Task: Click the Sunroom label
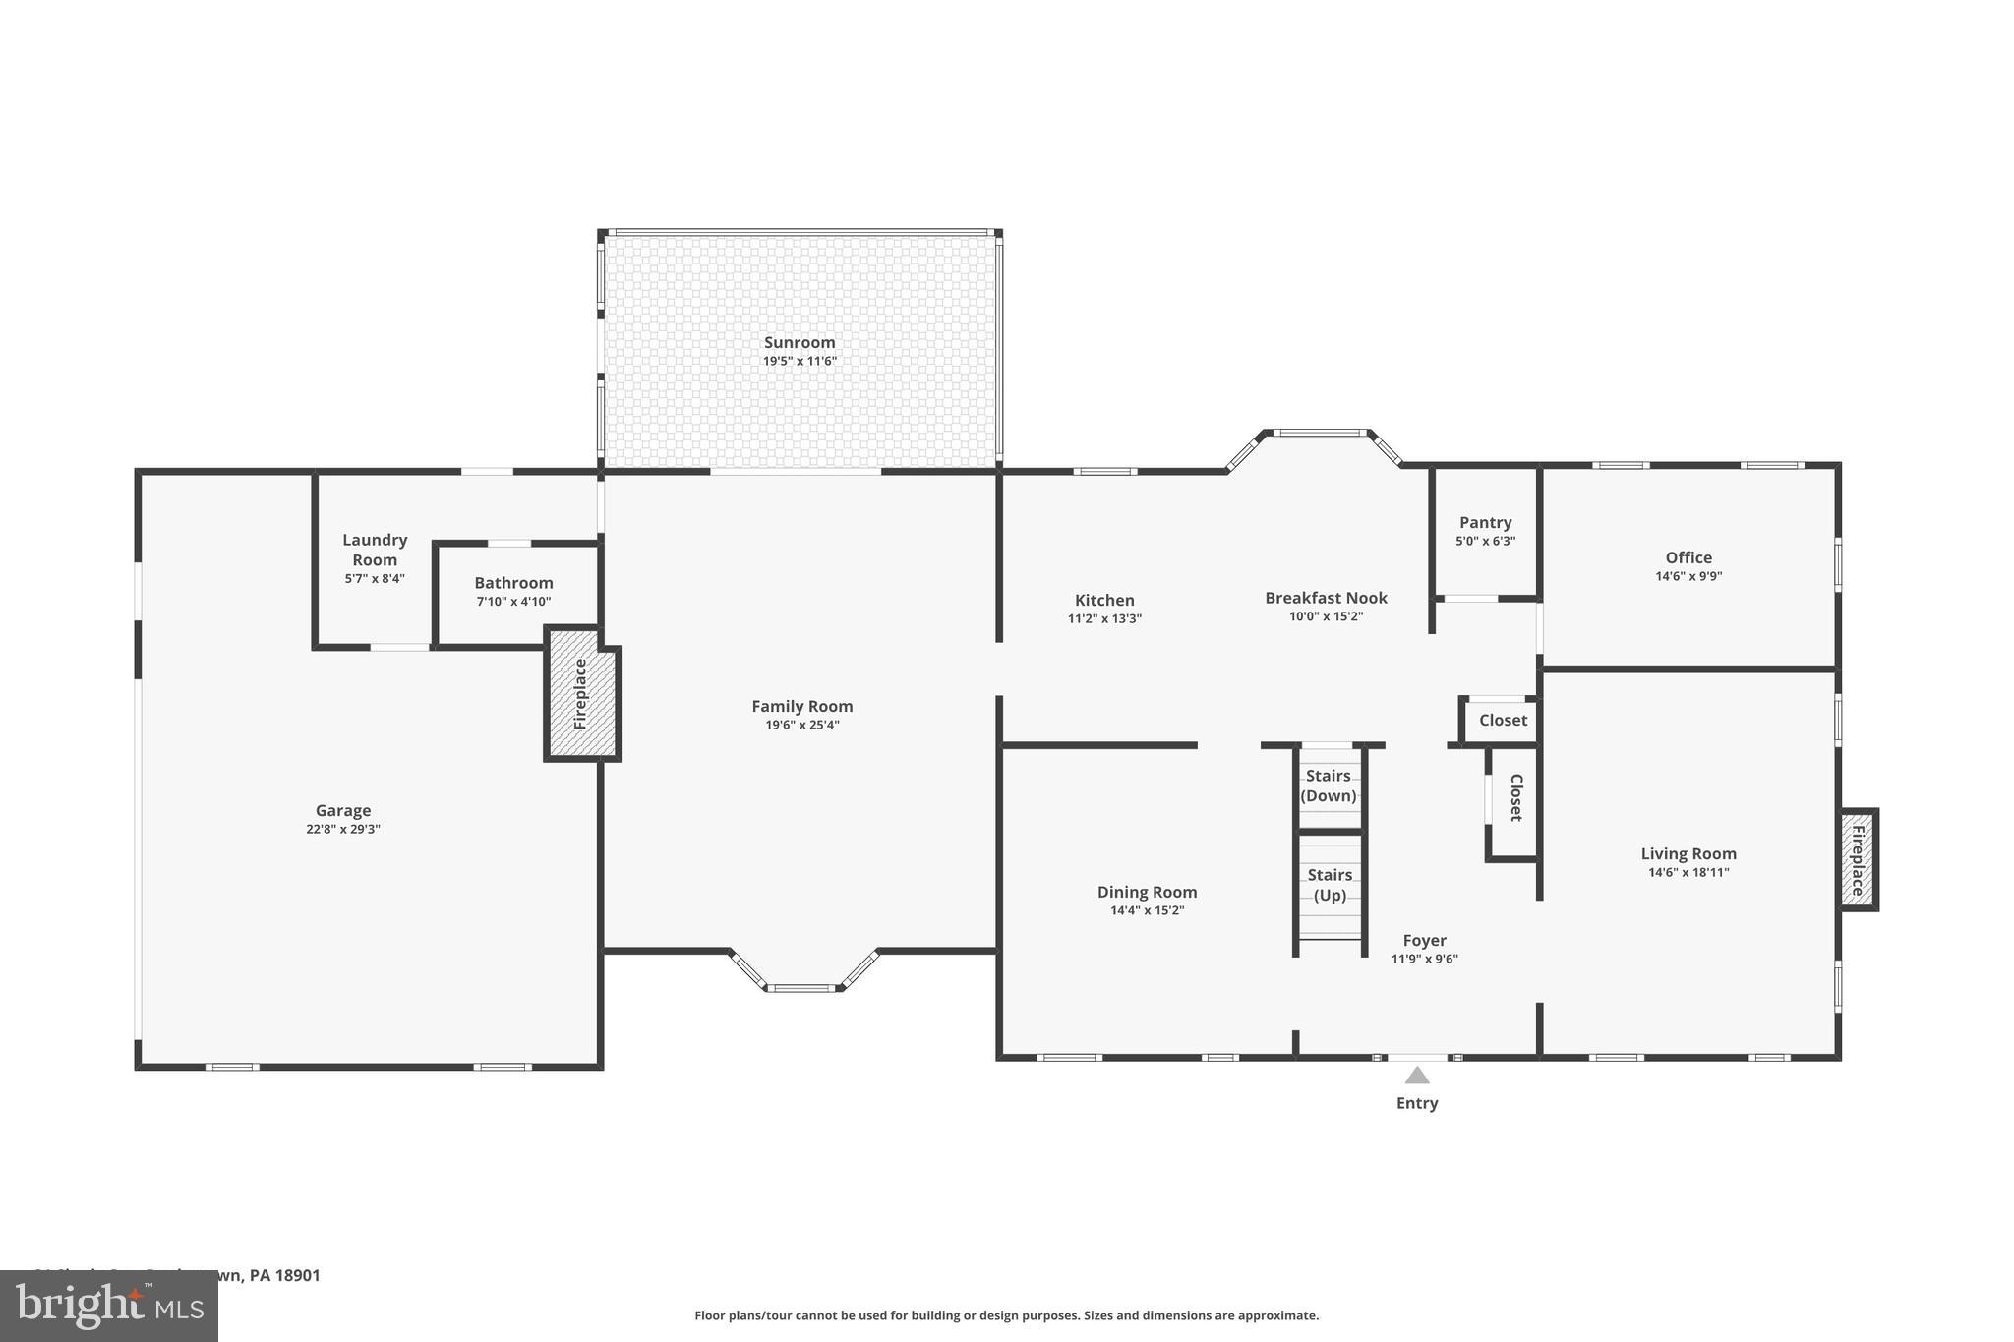800,342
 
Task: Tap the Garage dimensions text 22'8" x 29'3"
342,829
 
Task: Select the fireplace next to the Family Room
581,693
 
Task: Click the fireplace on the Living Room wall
1858,859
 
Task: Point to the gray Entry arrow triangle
1416,1076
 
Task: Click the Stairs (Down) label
1329,786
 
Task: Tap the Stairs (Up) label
1330,885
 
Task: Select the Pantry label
1485,522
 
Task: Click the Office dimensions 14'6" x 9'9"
1688,577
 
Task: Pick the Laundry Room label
375,550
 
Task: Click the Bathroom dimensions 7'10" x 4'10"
513,602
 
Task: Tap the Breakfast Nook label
1326,598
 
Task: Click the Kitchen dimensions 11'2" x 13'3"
1104,619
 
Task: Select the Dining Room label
1147,892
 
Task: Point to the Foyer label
1424,940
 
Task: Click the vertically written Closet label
1515,797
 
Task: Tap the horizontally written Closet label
1503,720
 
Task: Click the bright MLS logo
109,1306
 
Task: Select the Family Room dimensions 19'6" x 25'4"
802,726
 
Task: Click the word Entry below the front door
1417,1103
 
